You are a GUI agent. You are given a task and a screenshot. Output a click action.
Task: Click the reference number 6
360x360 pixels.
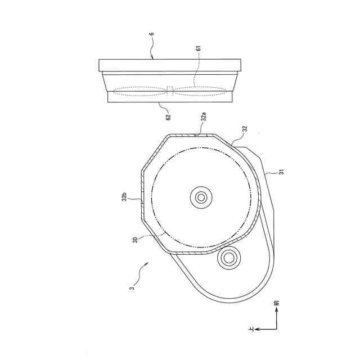(152, 34)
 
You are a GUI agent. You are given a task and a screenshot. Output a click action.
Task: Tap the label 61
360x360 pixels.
(199, 48)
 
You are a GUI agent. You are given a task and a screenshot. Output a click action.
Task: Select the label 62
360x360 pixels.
(169, 117)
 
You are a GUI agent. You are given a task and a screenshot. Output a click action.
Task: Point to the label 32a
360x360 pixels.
(204, 116)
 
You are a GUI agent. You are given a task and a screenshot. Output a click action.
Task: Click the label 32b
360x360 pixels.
(124, 197)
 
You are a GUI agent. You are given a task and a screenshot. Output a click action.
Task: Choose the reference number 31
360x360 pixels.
(282, 172)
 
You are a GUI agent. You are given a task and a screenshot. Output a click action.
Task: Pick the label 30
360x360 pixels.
(135, 240)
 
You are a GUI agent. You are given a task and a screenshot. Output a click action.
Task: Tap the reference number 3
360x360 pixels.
(132, 289)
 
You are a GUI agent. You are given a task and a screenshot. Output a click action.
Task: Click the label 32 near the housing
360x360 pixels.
(245, 129)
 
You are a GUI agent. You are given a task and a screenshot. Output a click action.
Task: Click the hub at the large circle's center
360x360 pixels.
(201, 197)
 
